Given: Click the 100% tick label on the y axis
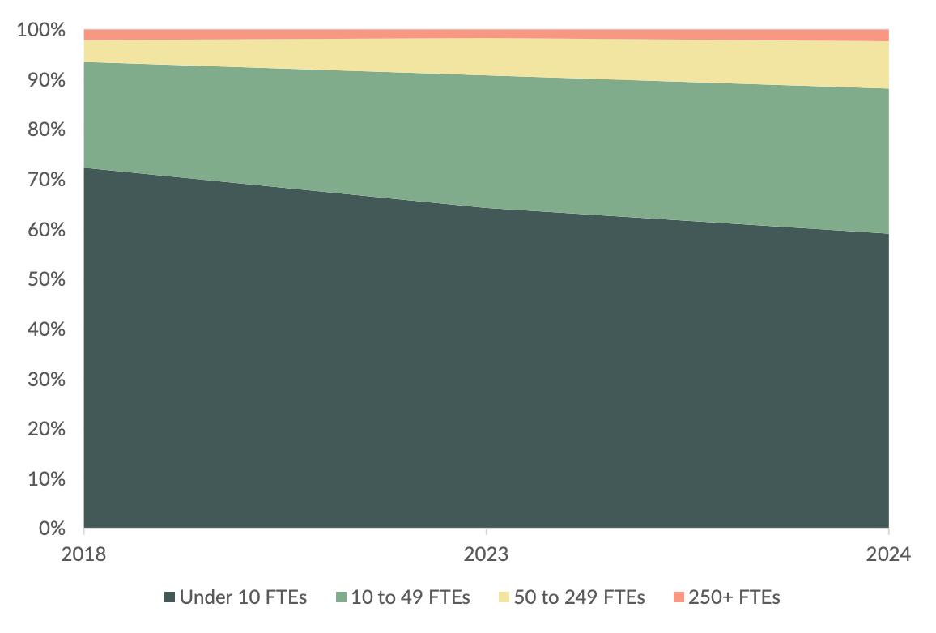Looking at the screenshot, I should click(40, 31).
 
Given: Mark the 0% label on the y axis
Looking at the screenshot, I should click(49, 529).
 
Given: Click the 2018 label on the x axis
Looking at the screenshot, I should click(84, 554).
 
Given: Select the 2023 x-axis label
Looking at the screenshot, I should click(486, 554).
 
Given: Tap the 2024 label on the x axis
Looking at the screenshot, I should click(888, 554).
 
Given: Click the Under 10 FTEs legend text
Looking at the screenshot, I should click(243, 598).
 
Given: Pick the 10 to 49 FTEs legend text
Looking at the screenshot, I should click(411, 598).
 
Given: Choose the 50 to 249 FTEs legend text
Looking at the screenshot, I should click(580, 598).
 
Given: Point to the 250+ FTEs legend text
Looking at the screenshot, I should click(734, 598).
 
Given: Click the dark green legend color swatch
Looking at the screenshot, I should click(169, 598).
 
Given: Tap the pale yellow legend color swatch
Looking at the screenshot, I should click(504, 598).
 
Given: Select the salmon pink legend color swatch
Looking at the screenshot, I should click(678, 598).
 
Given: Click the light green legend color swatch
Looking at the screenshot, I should click(340, 598).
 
